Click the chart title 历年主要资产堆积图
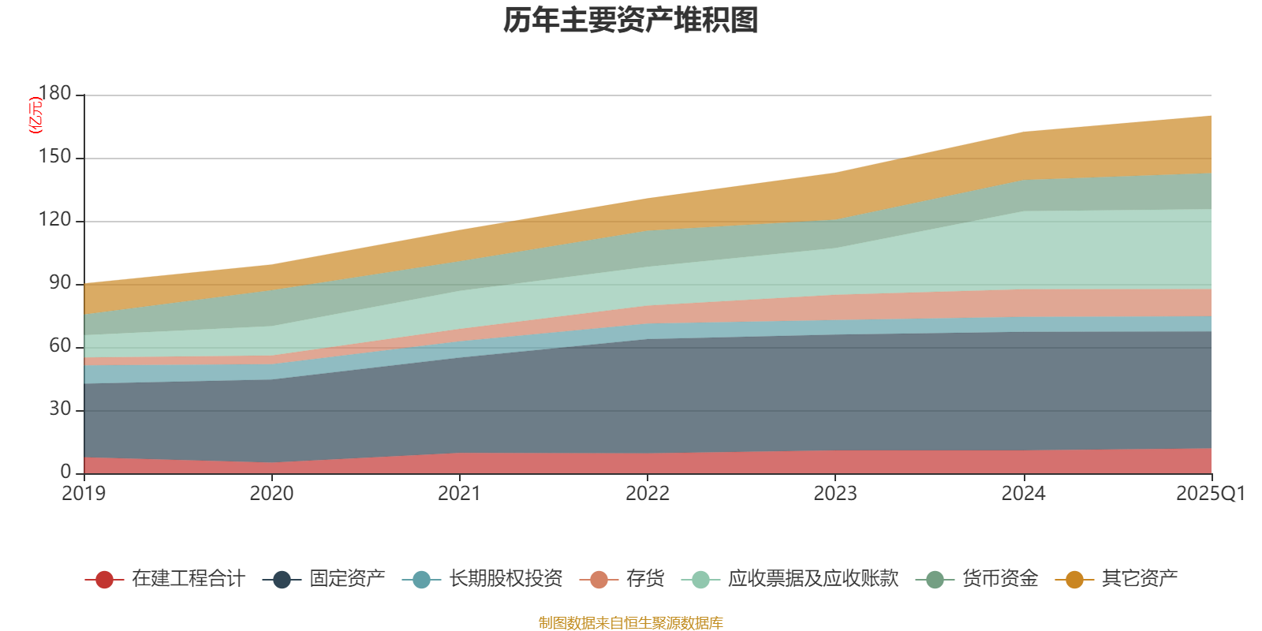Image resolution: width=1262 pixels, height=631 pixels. coord(631,21)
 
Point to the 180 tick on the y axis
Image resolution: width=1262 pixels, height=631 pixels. coord(54,94)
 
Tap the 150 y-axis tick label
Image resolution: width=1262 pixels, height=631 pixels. coord(54,157)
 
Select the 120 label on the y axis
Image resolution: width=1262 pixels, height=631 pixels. coord(54,220)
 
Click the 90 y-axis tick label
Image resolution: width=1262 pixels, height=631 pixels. coord(60,283)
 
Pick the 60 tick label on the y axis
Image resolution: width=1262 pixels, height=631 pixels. coord(60,346)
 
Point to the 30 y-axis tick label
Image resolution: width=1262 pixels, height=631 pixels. coord(60,409)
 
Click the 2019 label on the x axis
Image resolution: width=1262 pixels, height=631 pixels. coord(84,494)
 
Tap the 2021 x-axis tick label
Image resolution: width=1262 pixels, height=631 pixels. coord(459,494)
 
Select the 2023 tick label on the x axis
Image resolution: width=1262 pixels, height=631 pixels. coord(835,494)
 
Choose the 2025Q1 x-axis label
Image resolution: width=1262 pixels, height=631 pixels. coord(1210,494)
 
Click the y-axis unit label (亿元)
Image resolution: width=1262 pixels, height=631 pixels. coord(35,115)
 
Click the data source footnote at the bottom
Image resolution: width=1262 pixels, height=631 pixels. coord(631,623)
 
